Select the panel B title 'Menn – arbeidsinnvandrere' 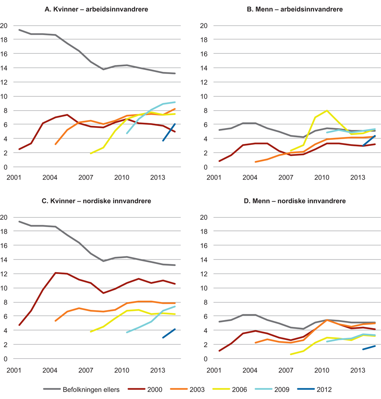tap(295, 9)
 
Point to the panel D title tap(295, 201)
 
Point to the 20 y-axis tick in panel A tap(4, 26)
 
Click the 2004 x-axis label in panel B tap(250, 178)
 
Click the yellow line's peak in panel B tap(327, 111)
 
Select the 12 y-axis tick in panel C tap(4, 274)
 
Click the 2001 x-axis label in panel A tap(14, 178)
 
